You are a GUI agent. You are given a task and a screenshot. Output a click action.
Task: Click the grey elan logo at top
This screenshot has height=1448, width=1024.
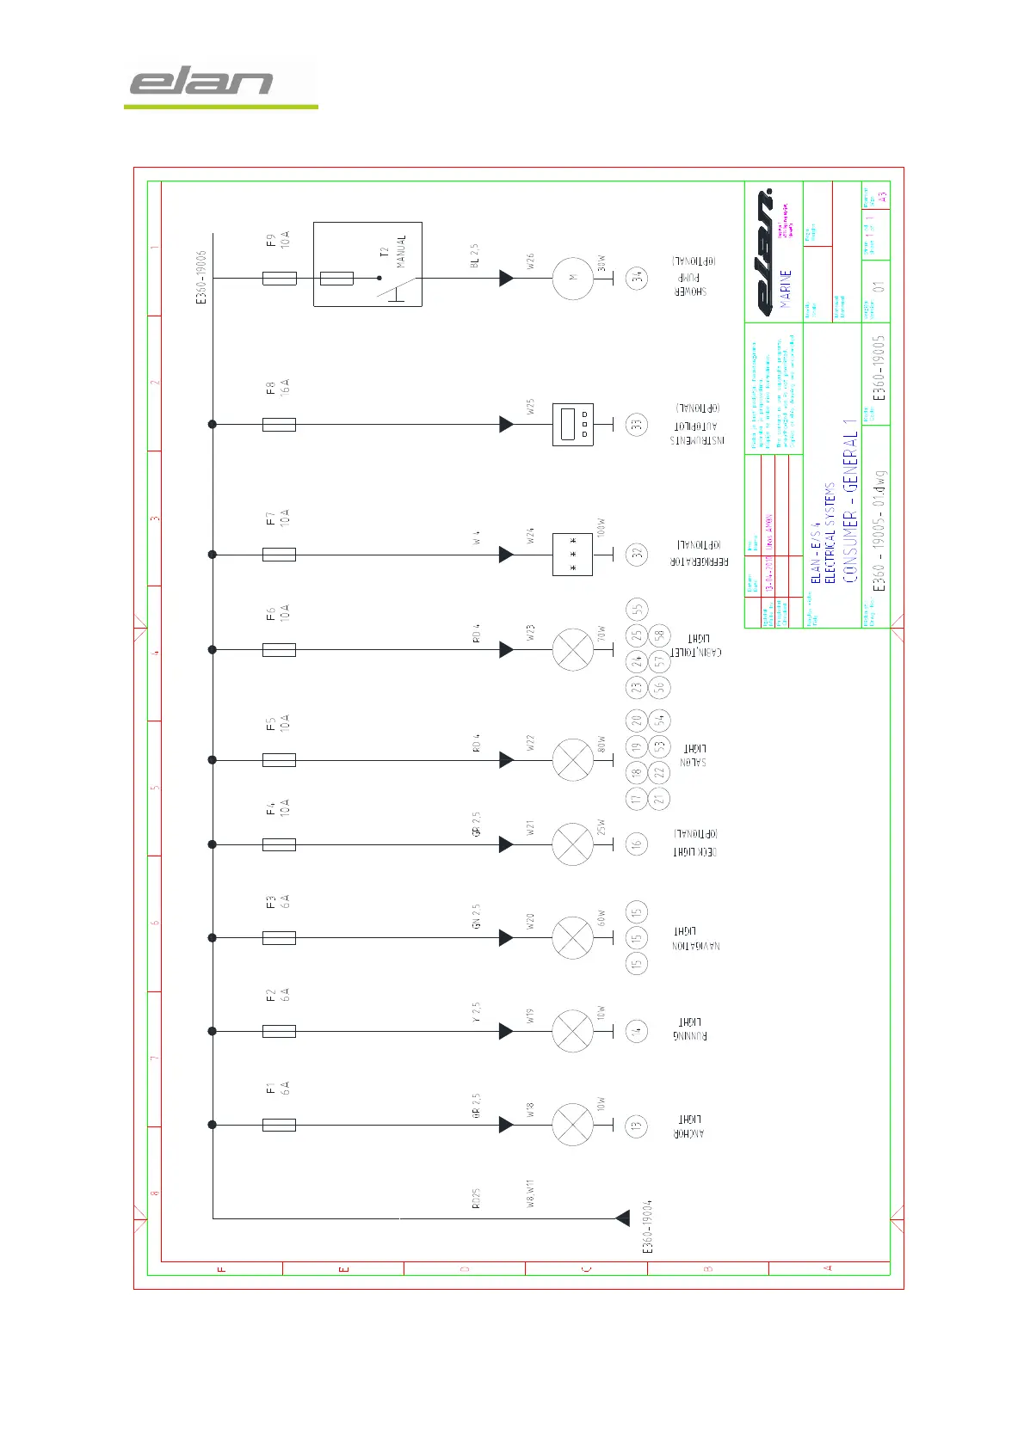[201, 83]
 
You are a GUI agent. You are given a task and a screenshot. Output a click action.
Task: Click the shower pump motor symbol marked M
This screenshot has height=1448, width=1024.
[572, 279]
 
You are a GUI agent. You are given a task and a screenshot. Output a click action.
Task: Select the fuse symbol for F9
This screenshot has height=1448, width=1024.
[279, 279]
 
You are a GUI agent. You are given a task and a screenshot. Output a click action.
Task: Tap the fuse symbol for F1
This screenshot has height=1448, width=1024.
[279, 1125]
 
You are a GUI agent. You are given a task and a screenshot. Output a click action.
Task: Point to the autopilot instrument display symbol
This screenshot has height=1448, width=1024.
[572, 424]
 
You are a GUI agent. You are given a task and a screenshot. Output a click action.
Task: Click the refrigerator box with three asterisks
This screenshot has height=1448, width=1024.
[572, 555]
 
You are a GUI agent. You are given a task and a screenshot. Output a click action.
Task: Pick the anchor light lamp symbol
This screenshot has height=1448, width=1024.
[572, 1125]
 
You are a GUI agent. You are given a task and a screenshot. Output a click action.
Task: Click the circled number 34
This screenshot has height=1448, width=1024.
[637, 278]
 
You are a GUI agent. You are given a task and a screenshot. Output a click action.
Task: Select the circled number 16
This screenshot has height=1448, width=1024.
[637, 844]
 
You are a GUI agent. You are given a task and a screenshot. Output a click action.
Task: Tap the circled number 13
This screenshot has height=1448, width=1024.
[637, 1126]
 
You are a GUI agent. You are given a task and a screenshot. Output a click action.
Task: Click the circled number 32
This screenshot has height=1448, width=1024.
[637, 555]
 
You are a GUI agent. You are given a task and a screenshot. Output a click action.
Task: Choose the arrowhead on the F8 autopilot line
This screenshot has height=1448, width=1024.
[506, 424]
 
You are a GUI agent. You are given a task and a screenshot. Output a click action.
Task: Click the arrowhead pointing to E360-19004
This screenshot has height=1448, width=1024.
[622, 1218]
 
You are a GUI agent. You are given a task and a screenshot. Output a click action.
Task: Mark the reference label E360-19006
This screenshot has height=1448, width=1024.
[201, 278]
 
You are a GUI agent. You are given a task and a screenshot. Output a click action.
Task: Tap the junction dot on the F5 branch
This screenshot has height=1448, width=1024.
[213, 760]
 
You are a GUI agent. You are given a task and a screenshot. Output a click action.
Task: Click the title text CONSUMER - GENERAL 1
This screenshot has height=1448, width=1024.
[850, 500]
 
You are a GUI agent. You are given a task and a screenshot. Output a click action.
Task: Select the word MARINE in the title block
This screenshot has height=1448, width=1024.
[786, 289]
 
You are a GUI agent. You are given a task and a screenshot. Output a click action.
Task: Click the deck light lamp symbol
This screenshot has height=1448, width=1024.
[572, 844]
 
